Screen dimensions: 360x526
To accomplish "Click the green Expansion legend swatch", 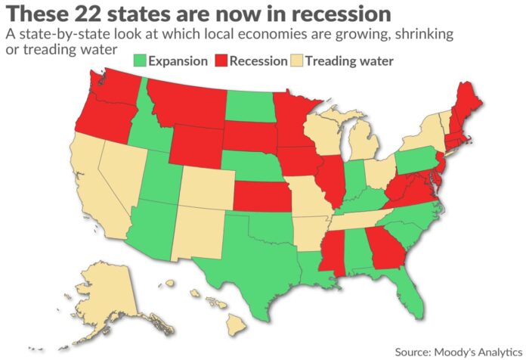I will pos(139,61).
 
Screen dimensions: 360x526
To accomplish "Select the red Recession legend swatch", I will pos(220,61).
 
